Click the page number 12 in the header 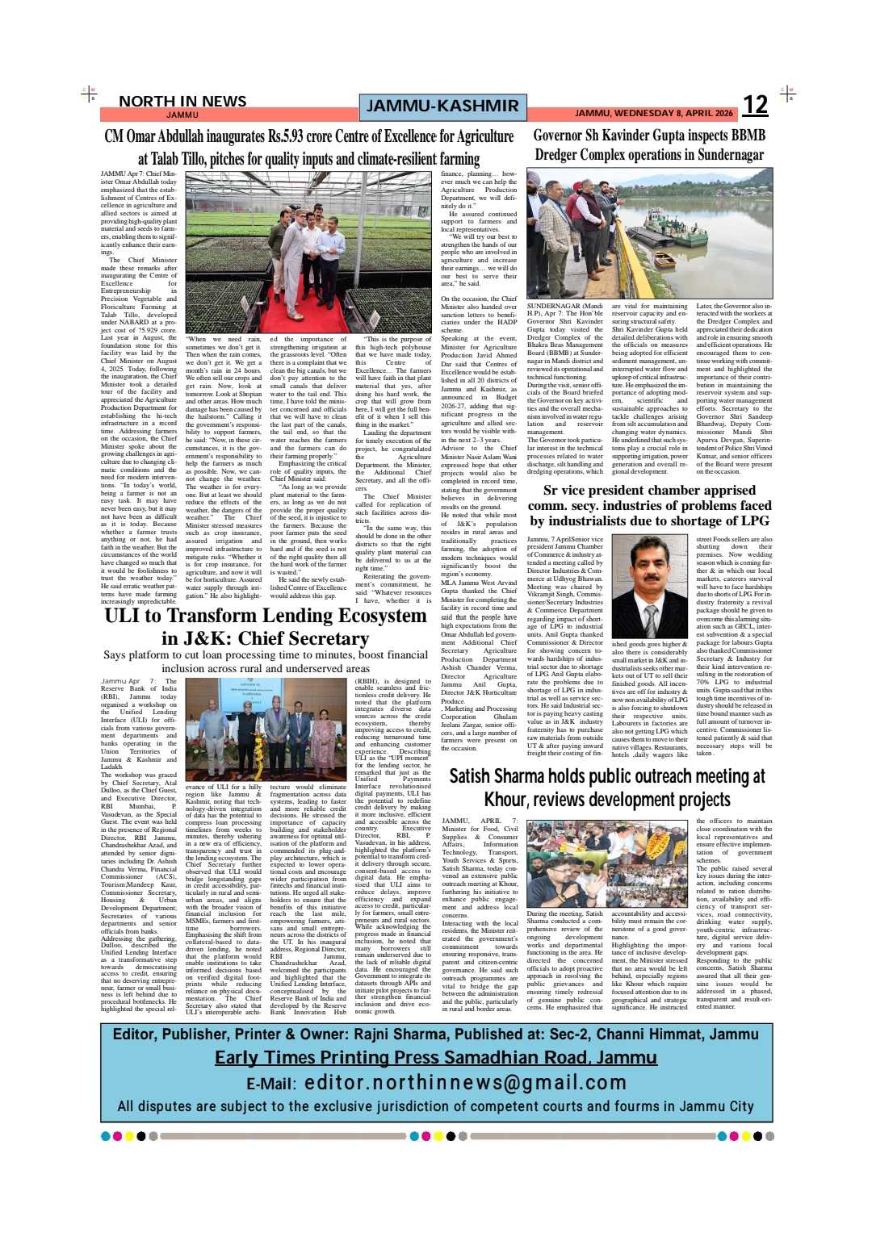tap(755, 105)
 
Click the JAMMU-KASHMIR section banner tap(442, 106)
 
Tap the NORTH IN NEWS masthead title tap(182, 101)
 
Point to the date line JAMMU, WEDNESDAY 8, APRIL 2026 tap(653, 114)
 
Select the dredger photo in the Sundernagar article tap(649, 233)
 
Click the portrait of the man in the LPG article tap(650, 587)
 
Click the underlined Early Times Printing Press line tap(436, 1057)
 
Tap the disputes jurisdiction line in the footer tap(436, 1106)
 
